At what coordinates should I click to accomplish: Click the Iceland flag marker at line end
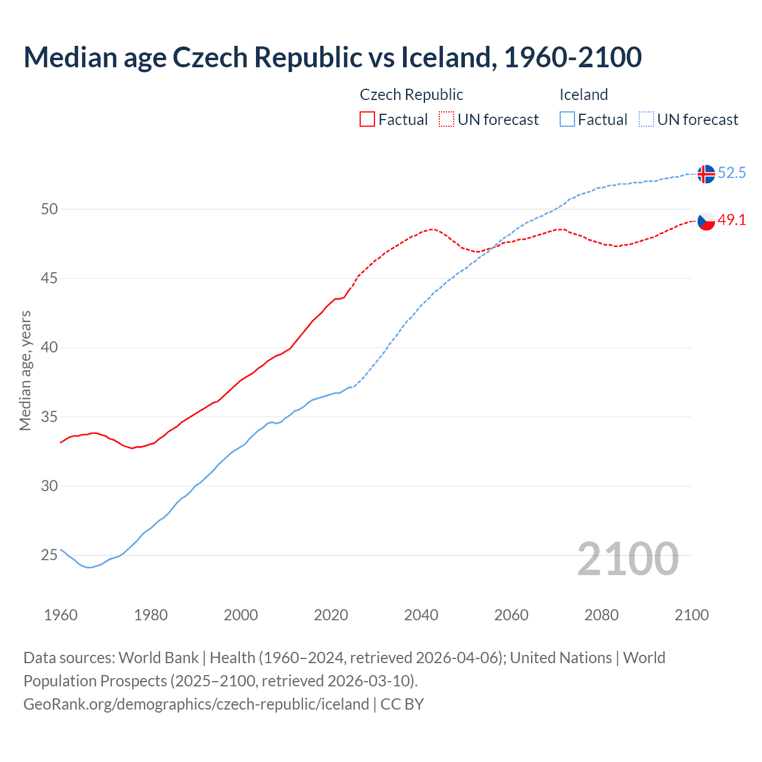705,174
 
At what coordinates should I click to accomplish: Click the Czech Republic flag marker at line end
705,221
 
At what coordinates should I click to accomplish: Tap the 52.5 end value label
732,173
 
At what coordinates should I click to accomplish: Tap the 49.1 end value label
732,220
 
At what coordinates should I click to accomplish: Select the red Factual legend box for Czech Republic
367,120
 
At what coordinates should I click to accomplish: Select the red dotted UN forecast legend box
446,120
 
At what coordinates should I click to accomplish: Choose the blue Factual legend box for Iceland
567,120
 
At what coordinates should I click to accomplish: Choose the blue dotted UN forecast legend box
646,120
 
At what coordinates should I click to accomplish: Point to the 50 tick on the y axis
49,209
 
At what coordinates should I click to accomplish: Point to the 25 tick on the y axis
49,555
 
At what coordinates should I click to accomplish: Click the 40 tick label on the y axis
49,348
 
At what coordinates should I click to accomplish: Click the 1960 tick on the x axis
61,615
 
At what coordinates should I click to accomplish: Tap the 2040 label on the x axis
421,615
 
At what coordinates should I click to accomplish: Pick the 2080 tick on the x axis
601,615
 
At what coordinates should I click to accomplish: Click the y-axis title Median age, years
25,370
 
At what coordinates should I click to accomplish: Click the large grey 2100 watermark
627,559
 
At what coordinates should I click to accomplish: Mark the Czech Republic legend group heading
411,95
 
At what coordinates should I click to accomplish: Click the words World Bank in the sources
158,658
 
